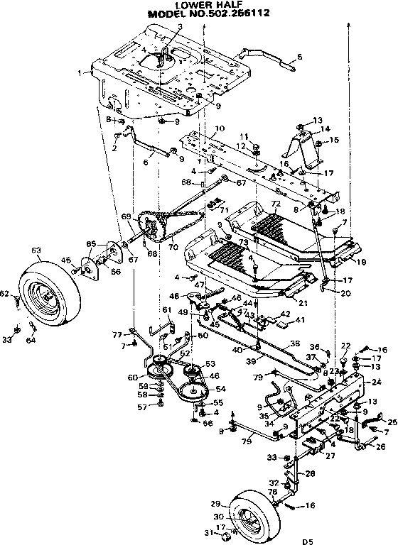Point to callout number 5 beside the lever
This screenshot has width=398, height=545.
[299, 56]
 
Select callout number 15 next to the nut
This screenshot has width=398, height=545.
[335, 141]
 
